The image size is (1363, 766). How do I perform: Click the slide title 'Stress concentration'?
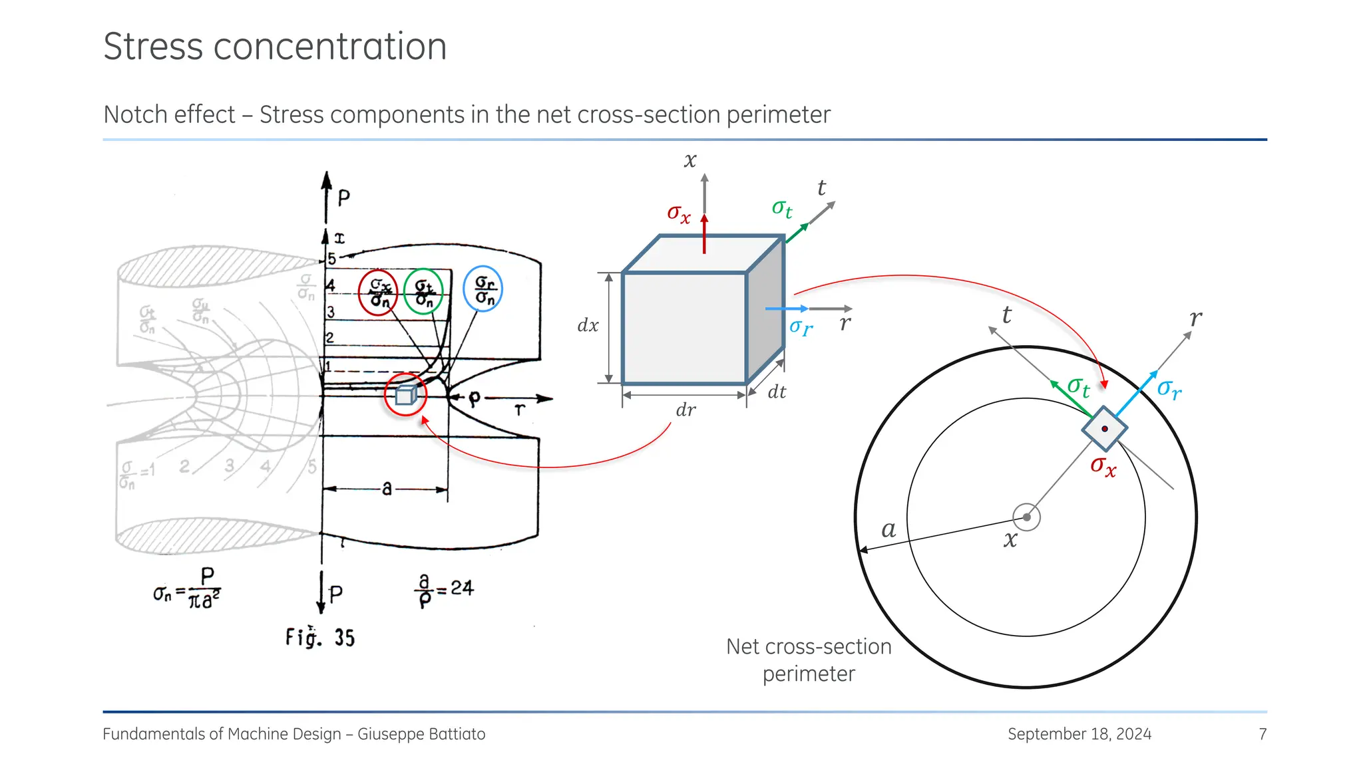coord(275,47)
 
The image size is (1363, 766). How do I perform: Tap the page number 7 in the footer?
coord(1263,734)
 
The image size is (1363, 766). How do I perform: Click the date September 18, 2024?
coord(1079,734)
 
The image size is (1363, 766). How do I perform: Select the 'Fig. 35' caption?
coord(320,637)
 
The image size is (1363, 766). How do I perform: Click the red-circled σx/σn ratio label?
coord(378,293)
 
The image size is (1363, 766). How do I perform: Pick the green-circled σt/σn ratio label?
coord(423,293)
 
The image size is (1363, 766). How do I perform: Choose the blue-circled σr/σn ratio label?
coord(483,289)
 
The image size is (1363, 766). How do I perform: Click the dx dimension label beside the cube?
coord(588,326)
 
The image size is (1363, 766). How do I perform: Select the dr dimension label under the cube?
coord(685,410)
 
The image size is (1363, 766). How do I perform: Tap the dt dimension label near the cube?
coord(777,392)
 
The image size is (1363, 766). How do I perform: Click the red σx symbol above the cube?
coord(679,213)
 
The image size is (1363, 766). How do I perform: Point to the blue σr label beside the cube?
coord(801,326)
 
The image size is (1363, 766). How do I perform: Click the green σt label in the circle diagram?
coord(1078,387)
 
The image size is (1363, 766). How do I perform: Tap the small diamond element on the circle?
coord(1105,429)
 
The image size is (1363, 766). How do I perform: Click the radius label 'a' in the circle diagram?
coord(888,530)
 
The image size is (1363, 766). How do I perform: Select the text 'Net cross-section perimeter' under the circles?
coord(809,660)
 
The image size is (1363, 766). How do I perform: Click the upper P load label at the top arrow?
coord(343,197)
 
